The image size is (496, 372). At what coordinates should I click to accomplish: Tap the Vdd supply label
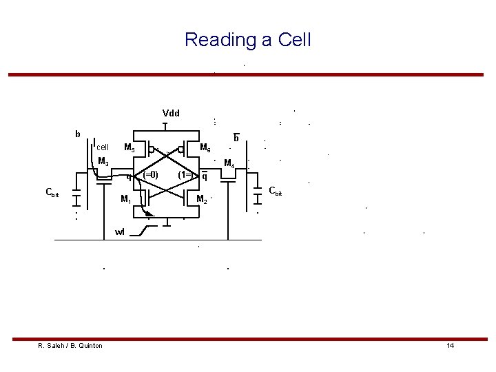[170, 113]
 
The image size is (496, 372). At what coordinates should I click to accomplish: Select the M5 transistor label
[129, 147]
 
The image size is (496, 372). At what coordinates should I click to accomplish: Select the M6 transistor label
[205, 147]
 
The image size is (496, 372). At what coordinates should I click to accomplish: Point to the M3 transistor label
[104, 161]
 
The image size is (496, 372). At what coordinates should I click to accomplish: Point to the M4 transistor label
[231, 163]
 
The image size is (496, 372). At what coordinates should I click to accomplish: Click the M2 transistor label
[202, 200]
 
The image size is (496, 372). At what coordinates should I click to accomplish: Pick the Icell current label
[101, 146]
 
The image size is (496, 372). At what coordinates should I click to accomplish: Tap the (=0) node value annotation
[150, 174]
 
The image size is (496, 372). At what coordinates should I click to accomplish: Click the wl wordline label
[120, 231]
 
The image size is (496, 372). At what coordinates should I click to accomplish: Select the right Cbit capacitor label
[275, 190]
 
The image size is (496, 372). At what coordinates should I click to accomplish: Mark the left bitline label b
[78, 133]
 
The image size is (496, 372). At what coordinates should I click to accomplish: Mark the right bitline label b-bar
[236, 138]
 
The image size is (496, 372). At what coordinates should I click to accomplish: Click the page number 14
[450, 345]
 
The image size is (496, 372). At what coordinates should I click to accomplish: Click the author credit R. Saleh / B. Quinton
[70, 345]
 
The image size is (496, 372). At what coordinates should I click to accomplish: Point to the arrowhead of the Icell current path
[147, 214]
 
